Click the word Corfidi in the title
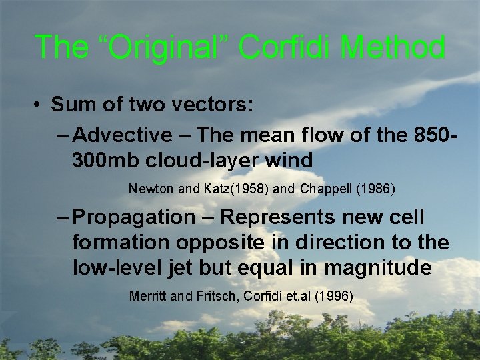click(288, 47)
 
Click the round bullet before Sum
click(39, 105)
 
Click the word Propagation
click(133, 217)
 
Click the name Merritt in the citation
click(148, 296)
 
